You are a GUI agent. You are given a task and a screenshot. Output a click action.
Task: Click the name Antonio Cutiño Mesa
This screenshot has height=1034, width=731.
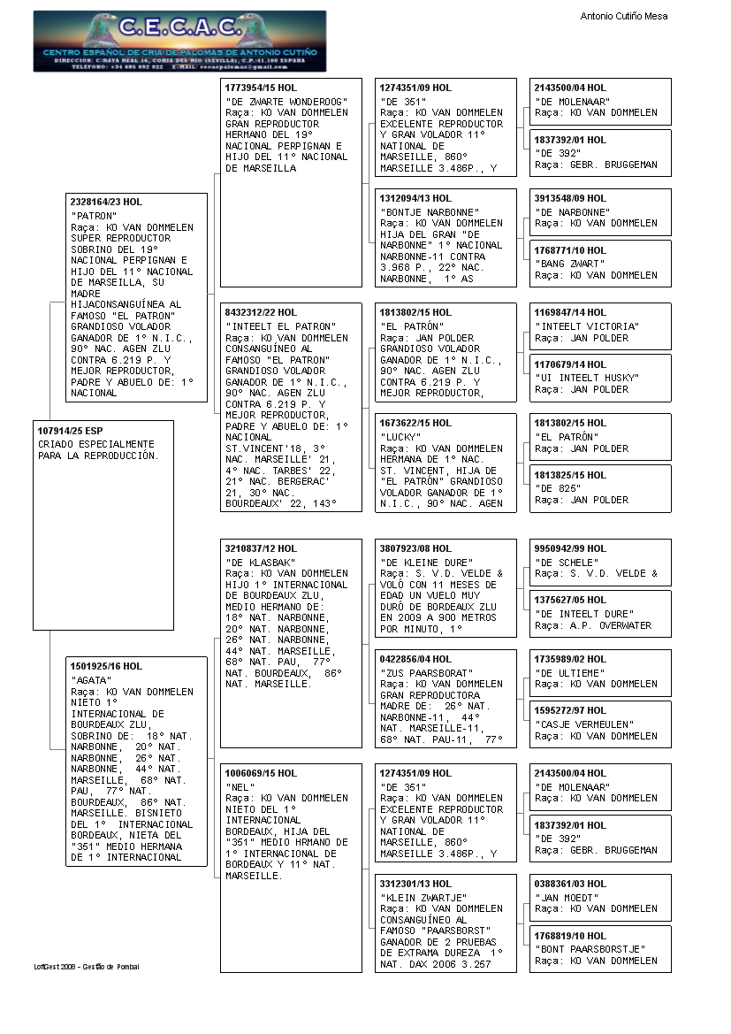tap(623, 16)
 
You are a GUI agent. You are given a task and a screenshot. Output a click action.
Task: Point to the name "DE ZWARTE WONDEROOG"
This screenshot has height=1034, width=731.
tap(286, 102)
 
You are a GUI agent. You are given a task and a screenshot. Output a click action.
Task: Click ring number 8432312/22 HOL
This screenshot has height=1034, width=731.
tap(262, 312)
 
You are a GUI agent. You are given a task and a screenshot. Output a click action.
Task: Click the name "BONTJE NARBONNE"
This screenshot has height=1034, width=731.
tap(430, 212)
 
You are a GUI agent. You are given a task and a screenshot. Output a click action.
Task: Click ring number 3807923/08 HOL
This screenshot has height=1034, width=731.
tap(415, 548)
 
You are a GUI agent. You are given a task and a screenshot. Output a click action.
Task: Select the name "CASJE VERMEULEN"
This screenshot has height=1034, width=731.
tap(584, 724)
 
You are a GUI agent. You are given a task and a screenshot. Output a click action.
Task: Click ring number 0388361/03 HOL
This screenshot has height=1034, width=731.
tap(570, 884)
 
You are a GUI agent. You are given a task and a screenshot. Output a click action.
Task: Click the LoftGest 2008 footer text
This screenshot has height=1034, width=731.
tap(87, 967)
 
